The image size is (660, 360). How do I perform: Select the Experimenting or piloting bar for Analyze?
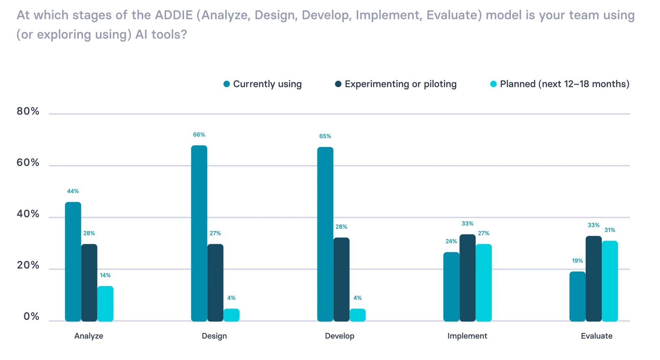[x=89, y=283]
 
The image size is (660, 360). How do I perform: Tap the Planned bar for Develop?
[x=357, y=315]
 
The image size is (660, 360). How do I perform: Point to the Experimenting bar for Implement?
[x=467, y=278]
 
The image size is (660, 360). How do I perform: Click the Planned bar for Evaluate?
[x=610, y=281]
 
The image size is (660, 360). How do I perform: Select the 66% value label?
[x=199, y=135]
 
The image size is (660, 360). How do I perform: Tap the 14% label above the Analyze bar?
[x=105, y=275]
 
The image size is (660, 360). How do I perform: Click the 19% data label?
[x=577, y=261]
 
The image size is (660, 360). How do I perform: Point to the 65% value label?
[x=325, y=136]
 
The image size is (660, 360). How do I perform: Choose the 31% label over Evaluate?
[x=610, y=230]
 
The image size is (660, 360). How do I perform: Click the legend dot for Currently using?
[x=227, y=84]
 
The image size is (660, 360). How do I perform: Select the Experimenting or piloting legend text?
[x=400, y=84]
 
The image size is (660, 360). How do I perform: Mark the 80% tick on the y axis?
[x=28, y=111]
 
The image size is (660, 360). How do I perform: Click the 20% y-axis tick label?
[x=28, y=265]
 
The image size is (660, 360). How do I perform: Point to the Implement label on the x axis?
[x=467, y=336]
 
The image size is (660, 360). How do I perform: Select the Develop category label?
[x=340, y=336]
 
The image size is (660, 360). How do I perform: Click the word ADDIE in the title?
[x=174, y=15]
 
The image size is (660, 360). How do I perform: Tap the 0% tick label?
[x=31, y=316]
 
